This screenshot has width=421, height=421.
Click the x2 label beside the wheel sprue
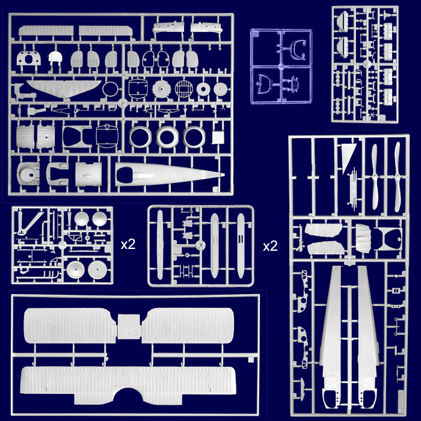[x=128, y=244]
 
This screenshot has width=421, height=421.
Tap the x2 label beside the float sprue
[x=270, y=246]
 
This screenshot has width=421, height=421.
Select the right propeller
[x=397, y=177]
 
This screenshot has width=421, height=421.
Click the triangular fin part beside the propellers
[x=348, y=157]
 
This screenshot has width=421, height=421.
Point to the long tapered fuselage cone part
[x=170, y=175]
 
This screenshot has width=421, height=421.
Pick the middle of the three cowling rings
[x=167, y=137]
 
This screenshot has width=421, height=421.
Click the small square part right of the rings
[x=218, y=137]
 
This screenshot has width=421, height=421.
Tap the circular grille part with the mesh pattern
[x=184, y=88]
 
